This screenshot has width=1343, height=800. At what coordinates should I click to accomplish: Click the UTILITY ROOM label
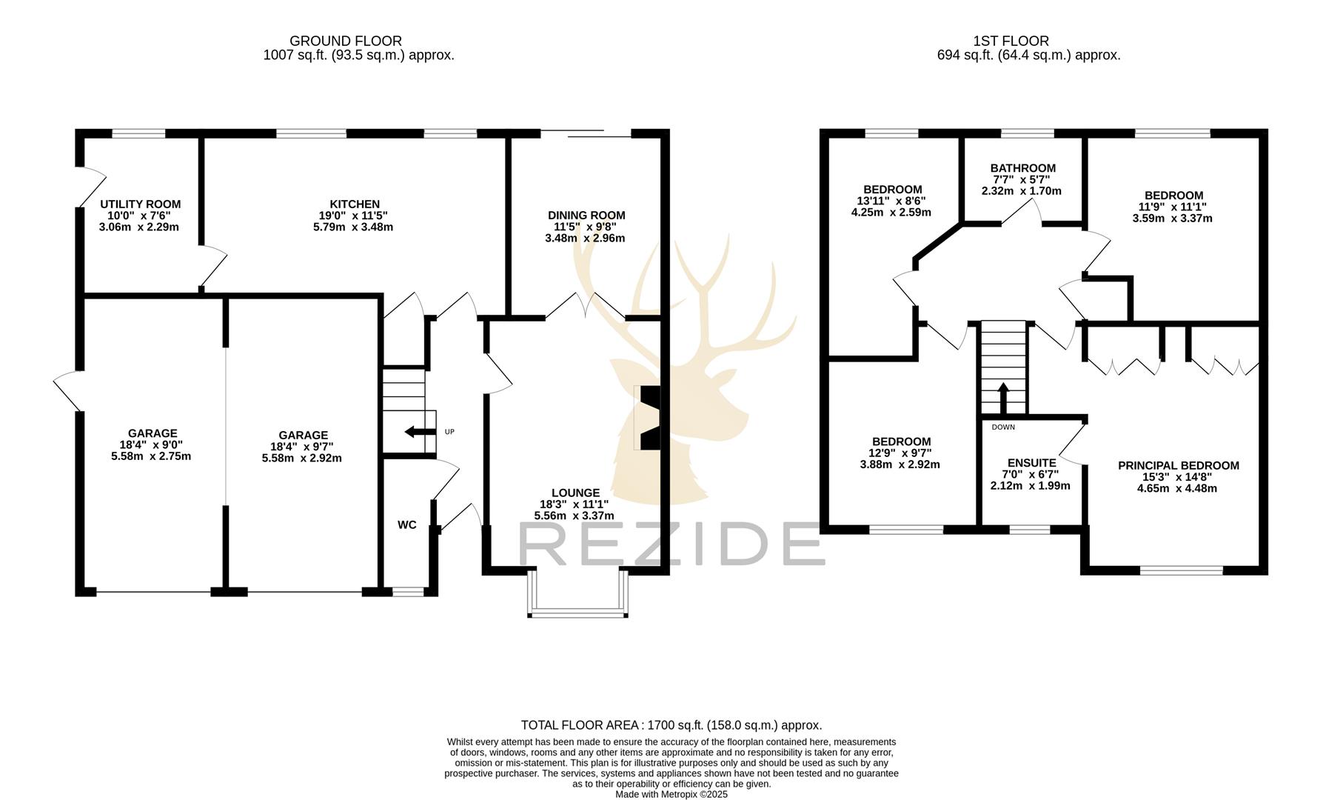[x=140, y=204]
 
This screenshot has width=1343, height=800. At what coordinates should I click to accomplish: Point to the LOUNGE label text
[x=575, y=493]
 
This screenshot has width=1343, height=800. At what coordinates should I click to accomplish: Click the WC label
[x=406, y=525]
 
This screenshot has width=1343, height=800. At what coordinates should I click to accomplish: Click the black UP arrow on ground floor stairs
[x=419, y=432]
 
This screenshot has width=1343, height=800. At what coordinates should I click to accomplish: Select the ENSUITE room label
[x=1031, y=463]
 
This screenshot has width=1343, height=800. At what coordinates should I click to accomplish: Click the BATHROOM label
[x=1022, y=168]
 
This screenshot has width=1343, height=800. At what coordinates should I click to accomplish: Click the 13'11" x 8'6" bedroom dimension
[x=891, y=201]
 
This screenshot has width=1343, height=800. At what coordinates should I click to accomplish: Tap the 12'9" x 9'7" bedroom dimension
[x=900, y=453]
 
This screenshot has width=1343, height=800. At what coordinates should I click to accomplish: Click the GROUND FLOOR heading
[x=346, y=41]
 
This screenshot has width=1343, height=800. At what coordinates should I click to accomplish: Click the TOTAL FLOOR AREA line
[x=671, y=725]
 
